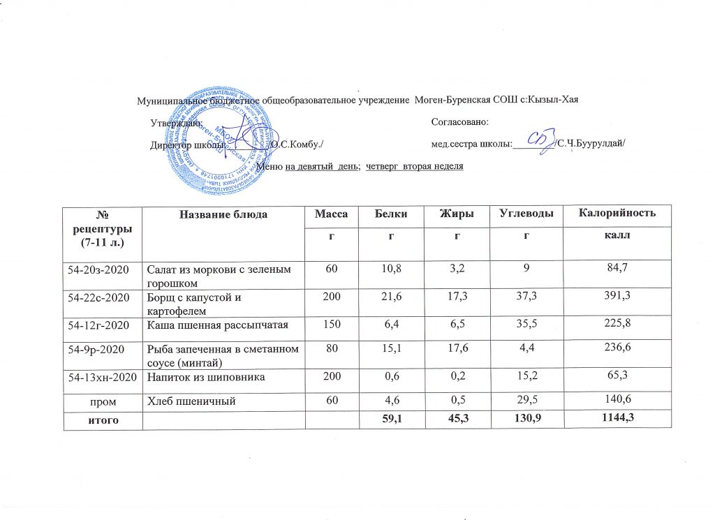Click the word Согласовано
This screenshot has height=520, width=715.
(x=459, y=122)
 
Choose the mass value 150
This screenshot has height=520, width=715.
(x=330, y=325)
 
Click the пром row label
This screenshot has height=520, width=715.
(x=102, y=401)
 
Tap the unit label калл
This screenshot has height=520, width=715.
(x=615, y=237)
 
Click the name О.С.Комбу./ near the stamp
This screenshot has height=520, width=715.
(x=297, y=144)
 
